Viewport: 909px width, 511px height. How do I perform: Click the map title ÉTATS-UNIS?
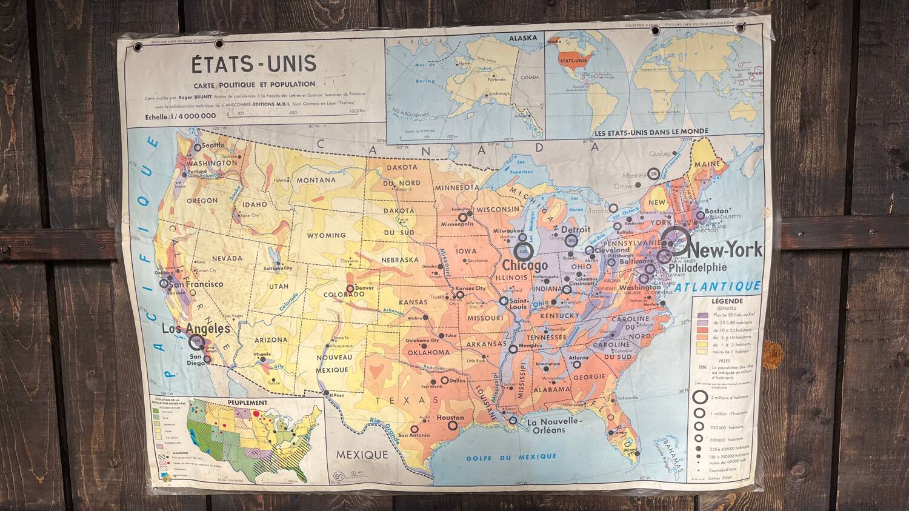click(x=253, y=63)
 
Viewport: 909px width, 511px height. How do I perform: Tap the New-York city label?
click(x=725, y=250)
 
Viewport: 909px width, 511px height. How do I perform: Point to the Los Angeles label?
click(x=196, y=329)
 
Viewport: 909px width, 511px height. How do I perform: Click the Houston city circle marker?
click(x=453, y=426)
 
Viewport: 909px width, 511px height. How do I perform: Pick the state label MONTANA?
click(x=316, y=180)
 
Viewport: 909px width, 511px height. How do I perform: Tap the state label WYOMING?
click(x=326, y=235)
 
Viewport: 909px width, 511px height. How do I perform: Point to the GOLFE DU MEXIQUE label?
click(x=511, y=456)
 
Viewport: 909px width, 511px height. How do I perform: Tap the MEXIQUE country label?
click(x=362, y=455)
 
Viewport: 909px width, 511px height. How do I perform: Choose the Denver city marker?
click(x=350, y=289)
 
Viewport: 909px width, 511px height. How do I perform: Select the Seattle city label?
click(x=212, y=145)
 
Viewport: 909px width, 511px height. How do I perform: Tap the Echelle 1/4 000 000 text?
click(x=181, y=116)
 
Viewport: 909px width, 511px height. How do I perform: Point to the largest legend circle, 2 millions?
click(x=701, y=397)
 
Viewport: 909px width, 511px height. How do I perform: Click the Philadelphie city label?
click(x=697, y=267)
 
